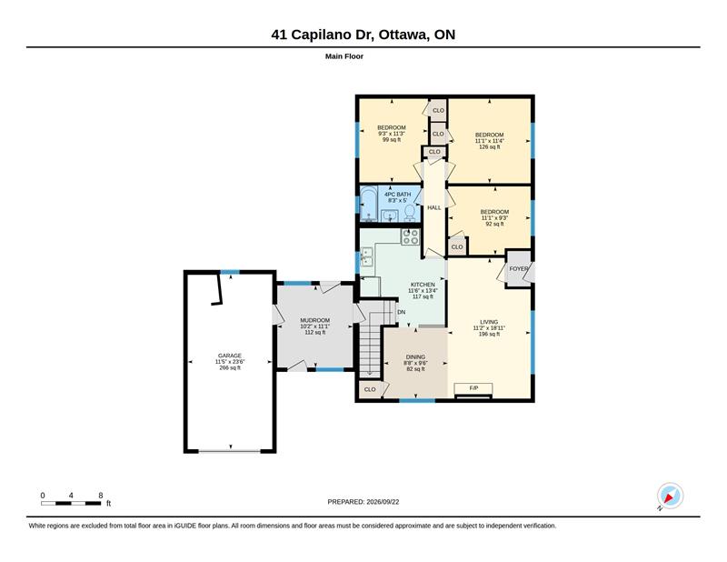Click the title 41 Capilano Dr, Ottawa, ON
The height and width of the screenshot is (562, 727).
363,35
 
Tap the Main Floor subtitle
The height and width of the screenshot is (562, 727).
344,56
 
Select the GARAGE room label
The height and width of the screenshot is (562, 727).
230,356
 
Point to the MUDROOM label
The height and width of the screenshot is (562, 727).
314,320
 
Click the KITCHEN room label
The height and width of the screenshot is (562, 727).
423,285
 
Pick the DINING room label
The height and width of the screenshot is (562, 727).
415,356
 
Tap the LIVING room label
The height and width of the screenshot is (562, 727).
489,322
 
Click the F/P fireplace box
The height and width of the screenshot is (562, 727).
473,388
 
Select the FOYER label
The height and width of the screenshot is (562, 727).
518,268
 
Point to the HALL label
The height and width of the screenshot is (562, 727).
434,207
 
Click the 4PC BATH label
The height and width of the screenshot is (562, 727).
397,195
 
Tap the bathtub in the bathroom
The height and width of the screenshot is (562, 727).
369,205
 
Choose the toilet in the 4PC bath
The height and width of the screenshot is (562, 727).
410,213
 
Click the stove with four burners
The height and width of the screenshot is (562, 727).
411,236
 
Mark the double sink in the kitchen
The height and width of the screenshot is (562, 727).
367,257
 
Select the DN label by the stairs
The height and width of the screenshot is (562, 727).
401,312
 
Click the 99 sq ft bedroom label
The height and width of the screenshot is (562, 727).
392,134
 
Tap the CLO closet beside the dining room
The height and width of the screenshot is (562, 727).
370,389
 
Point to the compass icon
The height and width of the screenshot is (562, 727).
670,496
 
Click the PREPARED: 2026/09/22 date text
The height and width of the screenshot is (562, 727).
363,502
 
